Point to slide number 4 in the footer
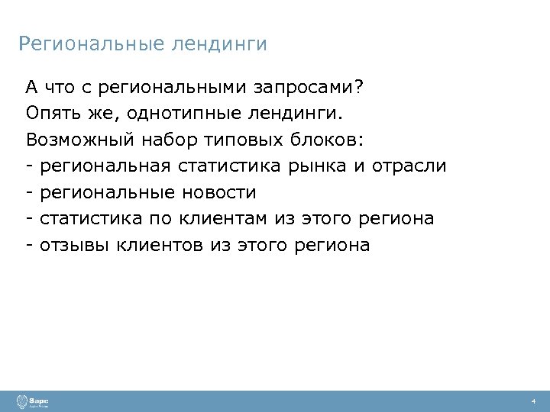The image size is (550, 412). pos(533,401)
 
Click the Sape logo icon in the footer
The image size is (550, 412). pos(21,401)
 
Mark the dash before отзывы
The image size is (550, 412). pos(28,245)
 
